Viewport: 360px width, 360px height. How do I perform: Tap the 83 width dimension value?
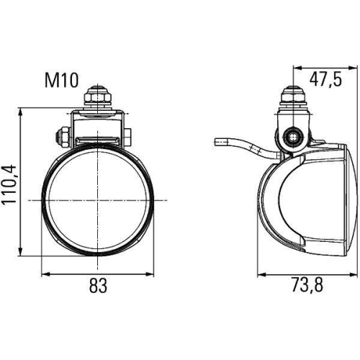[x=98, y=286]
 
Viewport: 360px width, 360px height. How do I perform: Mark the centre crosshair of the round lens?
[x=97, y=200]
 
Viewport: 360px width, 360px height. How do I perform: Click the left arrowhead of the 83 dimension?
[x=44, y=274]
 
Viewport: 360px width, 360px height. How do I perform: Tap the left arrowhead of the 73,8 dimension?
[x=261, y=274]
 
